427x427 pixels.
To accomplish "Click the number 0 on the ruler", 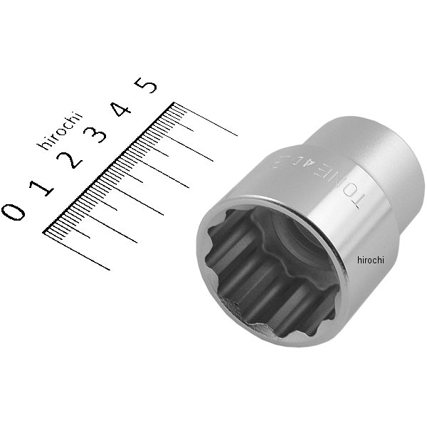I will tap(14, 211).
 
